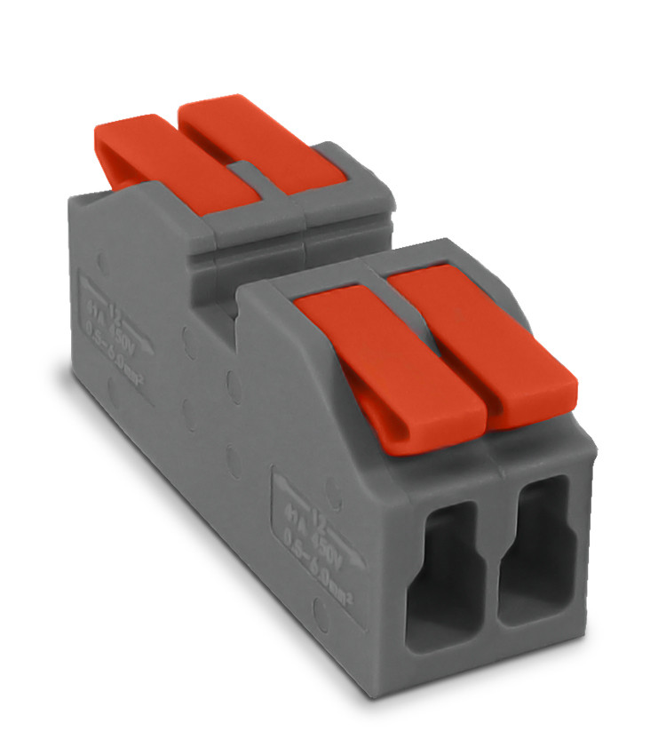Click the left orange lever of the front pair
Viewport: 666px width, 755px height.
point(391,364)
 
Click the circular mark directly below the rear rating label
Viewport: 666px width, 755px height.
point(114,391)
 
